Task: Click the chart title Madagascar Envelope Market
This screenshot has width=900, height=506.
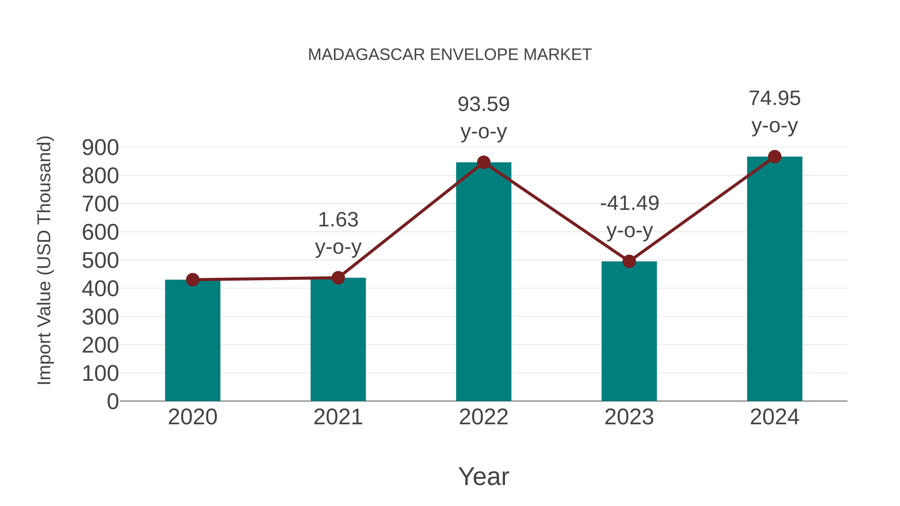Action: [x=450, y=55]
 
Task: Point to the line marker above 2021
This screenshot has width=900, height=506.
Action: [x=338, y=278]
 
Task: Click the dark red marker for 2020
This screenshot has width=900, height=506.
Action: [x=192, y=280]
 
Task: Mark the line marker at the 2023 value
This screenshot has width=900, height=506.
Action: [x=629, y=261]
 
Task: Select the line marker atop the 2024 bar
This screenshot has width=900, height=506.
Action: [x=774, y=157]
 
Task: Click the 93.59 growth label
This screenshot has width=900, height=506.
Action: [x=483, y=104]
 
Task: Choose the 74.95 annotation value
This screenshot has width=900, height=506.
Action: [x=774, y=98]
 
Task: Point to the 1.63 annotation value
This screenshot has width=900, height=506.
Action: [x=338, y=220]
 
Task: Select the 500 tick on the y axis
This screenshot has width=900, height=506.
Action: [x=100, y=261]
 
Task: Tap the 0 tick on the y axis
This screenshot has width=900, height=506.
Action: [x=112, y=402]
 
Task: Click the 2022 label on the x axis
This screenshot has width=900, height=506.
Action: [x=483, y=417]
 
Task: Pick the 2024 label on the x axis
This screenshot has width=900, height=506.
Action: [x=774, y=417]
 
